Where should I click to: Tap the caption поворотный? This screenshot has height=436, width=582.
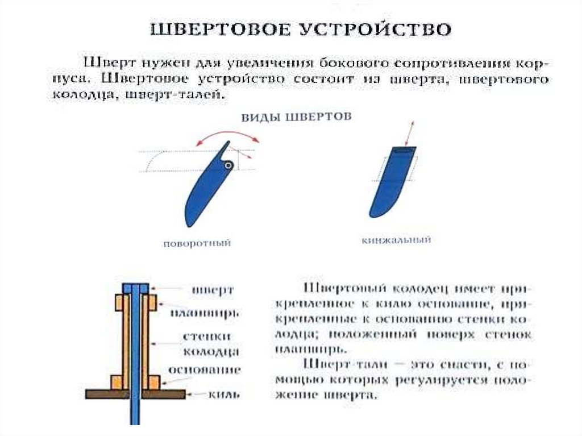(197, 243)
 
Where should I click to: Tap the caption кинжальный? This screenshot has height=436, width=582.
(396, 240)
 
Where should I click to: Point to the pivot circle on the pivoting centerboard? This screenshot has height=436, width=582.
(228, 165)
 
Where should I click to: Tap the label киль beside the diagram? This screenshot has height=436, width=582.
(219, 393)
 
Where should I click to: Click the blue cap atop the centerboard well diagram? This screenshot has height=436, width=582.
(135, 288)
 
